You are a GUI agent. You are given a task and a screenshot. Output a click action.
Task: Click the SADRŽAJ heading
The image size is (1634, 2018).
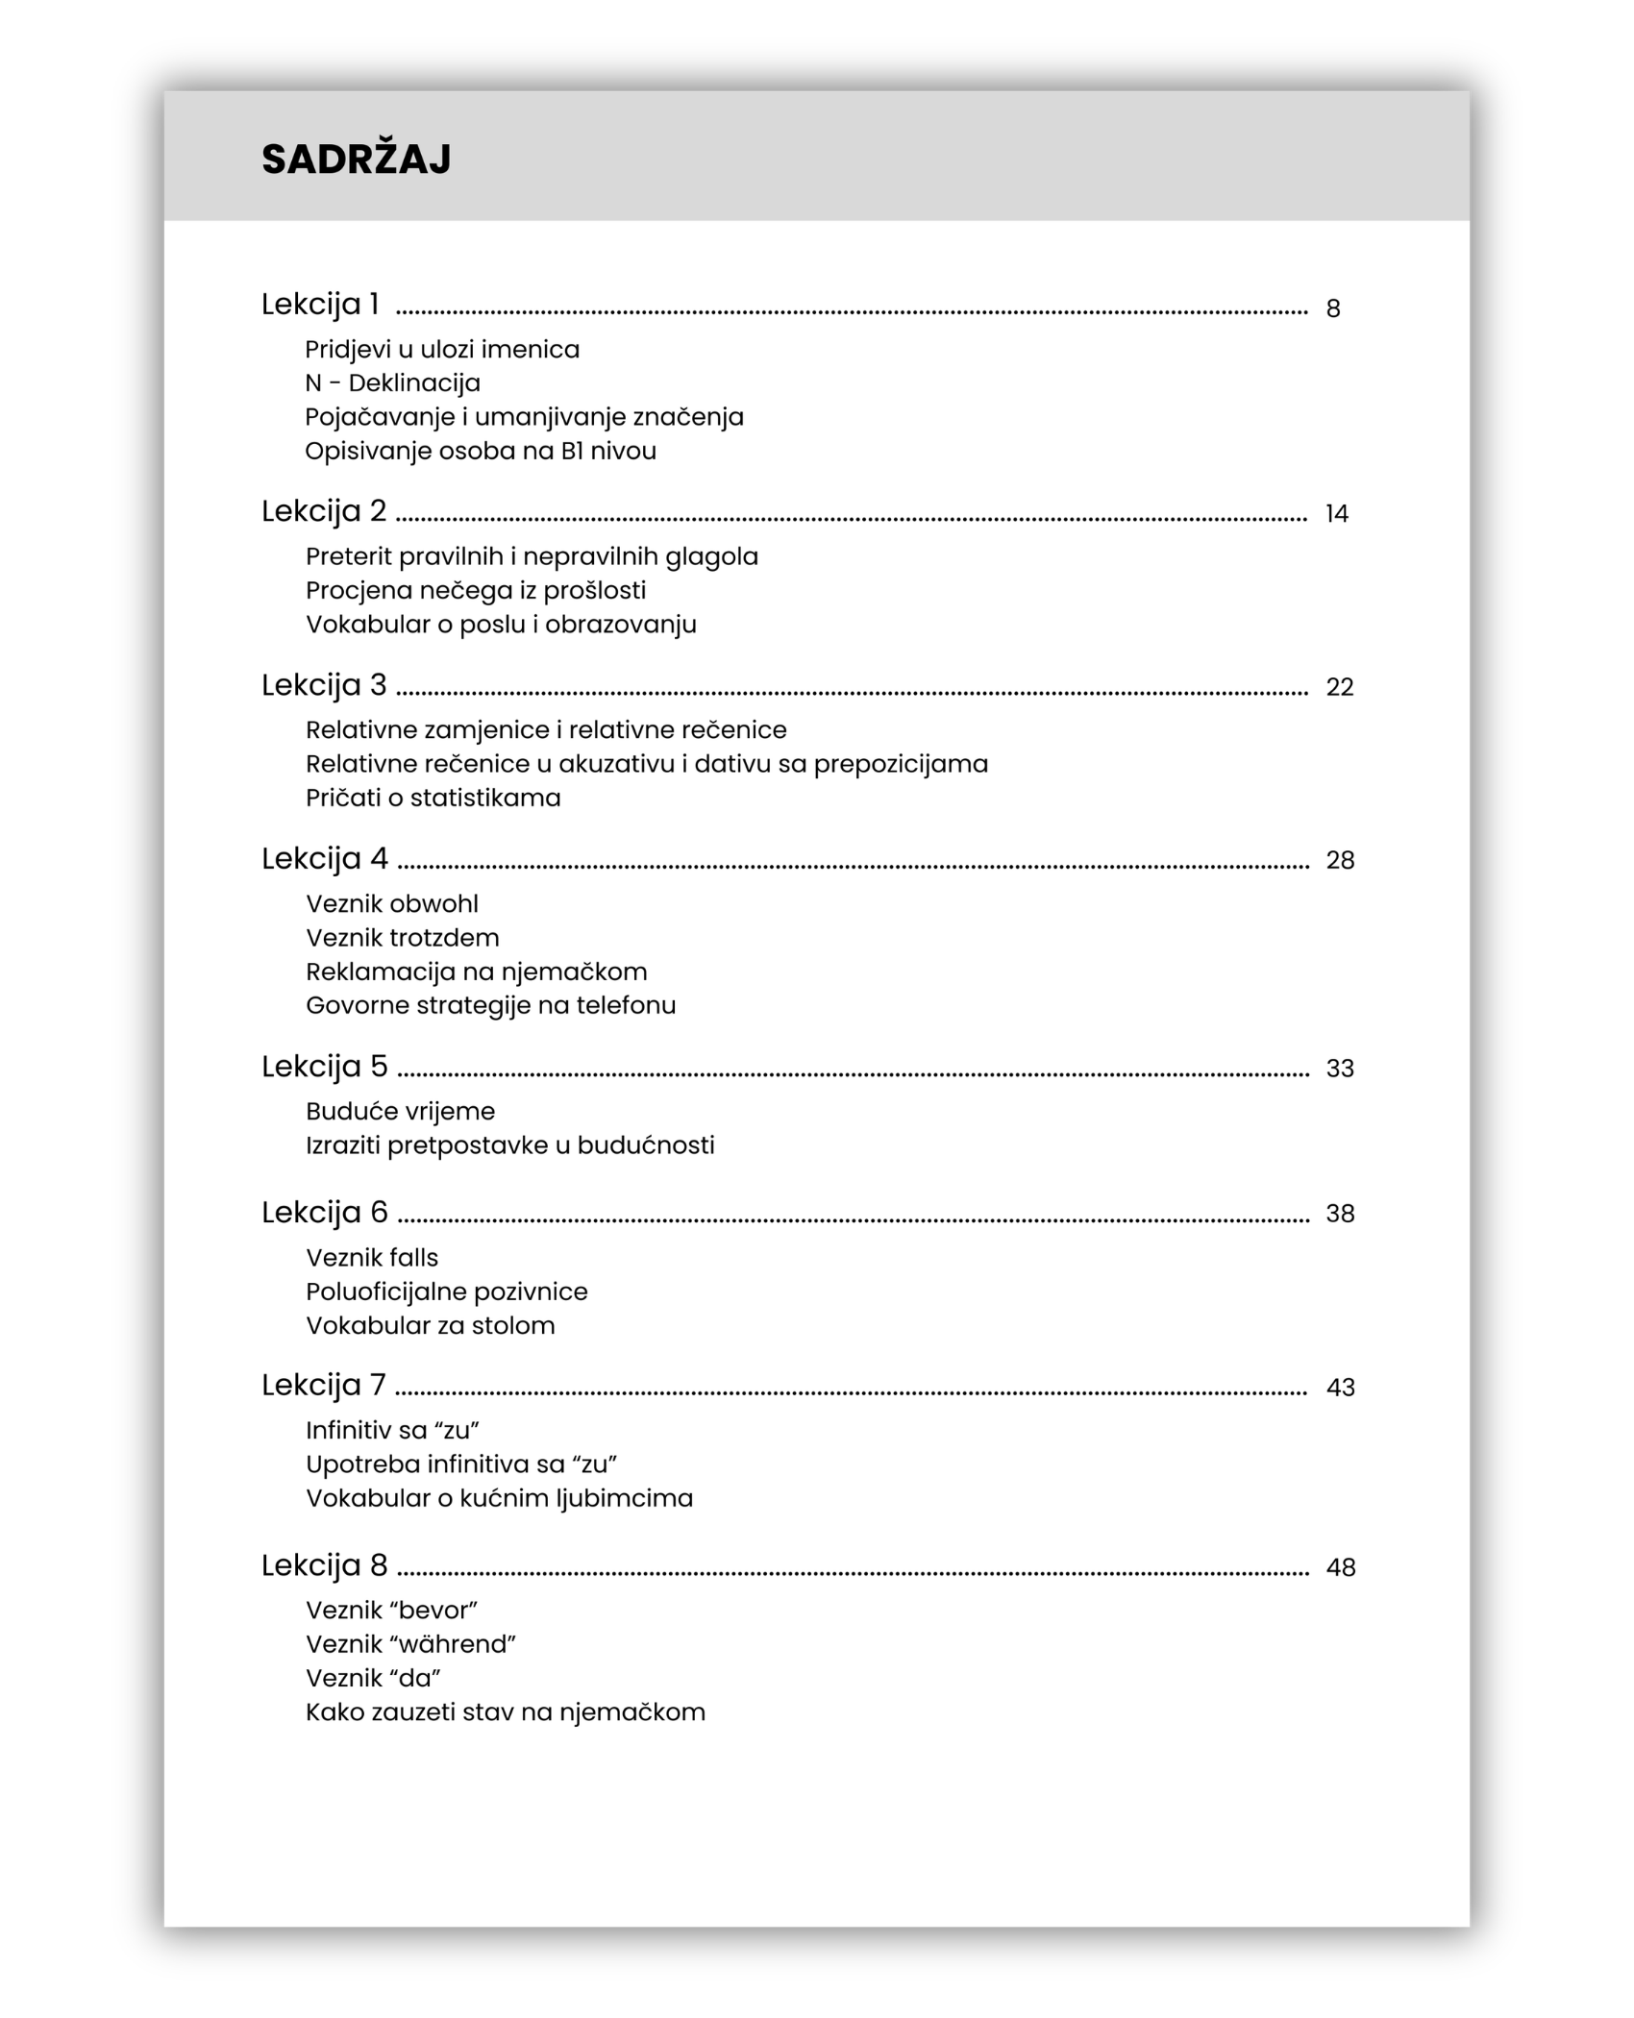[356, 160]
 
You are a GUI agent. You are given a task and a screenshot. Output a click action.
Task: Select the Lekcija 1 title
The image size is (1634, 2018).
[320, 305]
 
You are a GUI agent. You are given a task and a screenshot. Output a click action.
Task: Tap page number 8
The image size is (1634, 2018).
[1332, 308]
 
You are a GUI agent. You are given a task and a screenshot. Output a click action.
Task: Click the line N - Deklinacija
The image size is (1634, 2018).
[392, 383]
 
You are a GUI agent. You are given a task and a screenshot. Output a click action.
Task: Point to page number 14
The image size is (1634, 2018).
[1336, 514]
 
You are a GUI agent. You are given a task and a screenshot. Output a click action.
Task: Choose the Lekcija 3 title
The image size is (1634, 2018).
[324, 685]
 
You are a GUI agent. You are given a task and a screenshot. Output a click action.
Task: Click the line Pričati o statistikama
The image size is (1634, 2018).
[433, 798]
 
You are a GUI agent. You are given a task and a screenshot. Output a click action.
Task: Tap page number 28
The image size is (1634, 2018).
[1340, 860]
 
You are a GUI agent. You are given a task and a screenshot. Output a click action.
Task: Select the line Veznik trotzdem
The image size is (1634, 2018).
[402, 938]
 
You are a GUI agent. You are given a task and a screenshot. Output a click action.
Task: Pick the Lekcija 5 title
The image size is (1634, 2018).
[324, 1067]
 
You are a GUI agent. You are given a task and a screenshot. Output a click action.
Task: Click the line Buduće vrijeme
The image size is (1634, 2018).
[400, 1112]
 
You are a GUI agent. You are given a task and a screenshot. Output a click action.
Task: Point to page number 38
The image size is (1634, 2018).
[1340, 1214]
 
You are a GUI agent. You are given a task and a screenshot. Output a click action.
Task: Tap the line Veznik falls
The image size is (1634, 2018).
[371, 1258]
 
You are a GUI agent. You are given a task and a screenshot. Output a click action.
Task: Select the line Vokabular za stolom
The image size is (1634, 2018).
[430, 1326]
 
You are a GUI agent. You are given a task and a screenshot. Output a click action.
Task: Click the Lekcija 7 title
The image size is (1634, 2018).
[323, 1386]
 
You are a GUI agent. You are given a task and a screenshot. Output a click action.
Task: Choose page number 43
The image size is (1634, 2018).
[1340, 1388]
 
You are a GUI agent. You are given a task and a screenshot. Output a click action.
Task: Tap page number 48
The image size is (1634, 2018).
[1340, 1567]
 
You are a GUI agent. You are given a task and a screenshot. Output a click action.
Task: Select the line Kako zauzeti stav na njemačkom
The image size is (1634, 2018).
[505, 1712]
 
